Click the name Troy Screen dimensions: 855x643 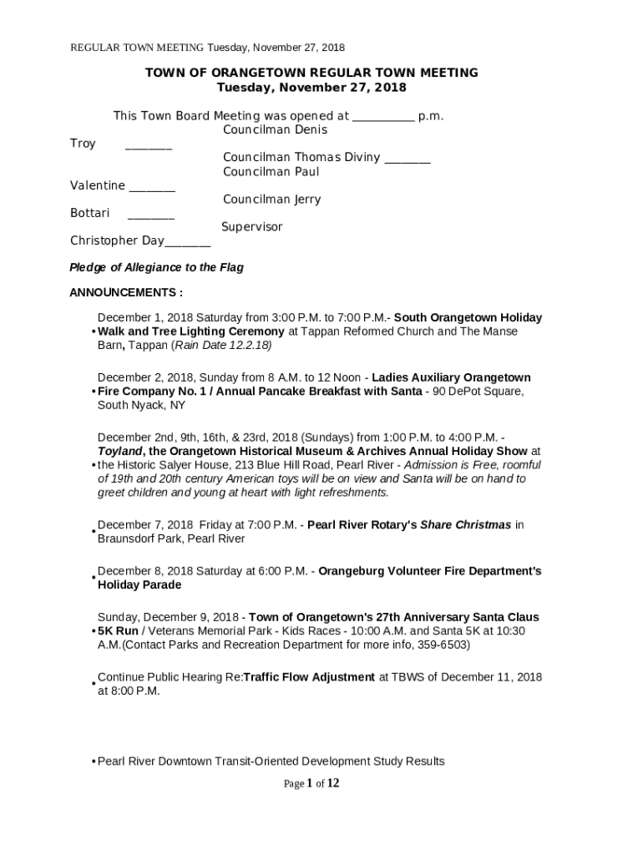pyautogui.click(x=83, y=144)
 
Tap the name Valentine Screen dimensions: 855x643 pyautogui.click(x=98, y=185)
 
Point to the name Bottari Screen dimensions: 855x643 pyautogui.click(x=89, y=213)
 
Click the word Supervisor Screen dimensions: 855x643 pyautogui.click(x=252, y=227)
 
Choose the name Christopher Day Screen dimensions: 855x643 pyautogui.click(x=117, y=240)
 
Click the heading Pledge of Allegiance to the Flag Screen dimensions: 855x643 pyautogui.click(x=156, y=268)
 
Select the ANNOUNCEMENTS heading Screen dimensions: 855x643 pyautogui.click(x=125, y=293)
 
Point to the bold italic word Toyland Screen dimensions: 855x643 pyautogui.click(x=120, y=451)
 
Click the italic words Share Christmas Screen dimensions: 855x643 pyautogui.click(x=465, y=525)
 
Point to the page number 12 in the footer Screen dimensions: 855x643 pyautogui.click(x=332, y=783)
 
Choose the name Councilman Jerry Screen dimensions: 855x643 pyautogui.click(x=271, y=200)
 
